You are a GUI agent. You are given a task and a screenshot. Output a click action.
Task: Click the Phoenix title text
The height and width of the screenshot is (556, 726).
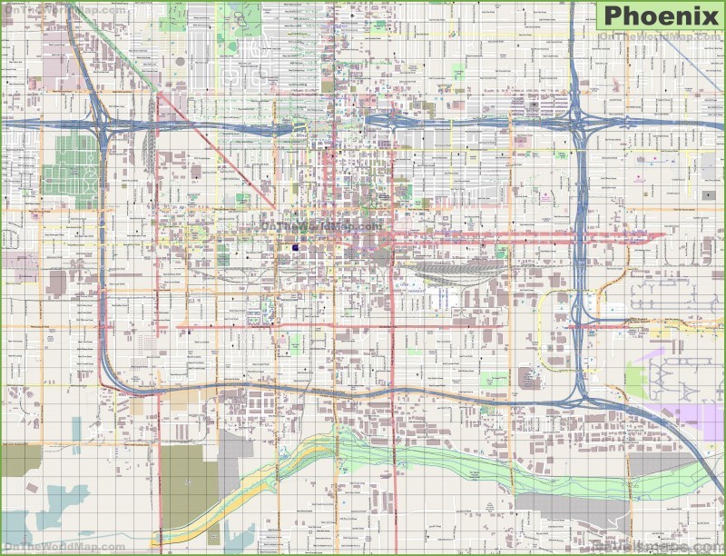tap(661, 15)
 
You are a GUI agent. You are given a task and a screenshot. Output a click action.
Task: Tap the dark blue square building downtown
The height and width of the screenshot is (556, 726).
tap(297, 247)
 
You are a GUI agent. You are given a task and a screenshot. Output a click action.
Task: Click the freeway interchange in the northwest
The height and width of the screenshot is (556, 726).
tap(101, 125)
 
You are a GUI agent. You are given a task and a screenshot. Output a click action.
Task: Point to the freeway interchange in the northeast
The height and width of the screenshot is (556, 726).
tap(579, 124)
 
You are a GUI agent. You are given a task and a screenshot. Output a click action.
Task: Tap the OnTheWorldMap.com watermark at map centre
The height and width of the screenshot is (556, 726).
tap(320, 225)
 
